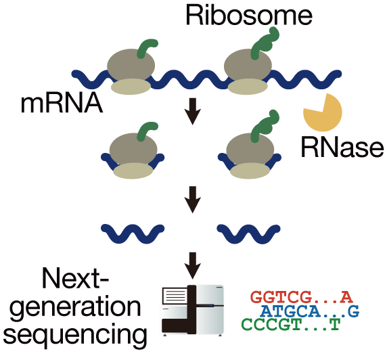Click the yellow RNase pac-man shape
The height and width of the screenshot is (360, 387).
320,112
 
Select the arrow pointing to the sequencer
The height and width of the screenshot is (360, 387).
194,263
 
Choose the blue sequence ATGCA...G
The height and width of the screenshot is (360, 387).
309,311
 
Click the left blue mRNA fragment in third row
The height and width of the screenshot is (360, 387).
133,232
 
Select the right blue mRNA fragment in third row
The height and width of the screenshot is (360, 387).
251,232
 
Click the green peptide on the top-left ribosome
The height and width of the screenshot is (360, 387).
148,47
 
